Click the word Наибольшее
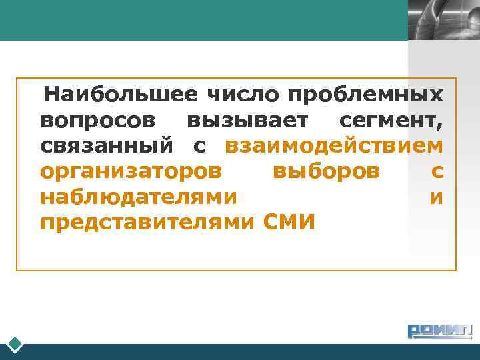tap(121, 95)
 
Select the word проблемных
tap(366, 95)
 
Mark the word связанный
tap(107, 146)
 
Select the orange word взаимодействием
tap(334, 146)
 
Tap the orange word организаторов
tap(131, 171)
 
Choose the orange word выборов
tap(327, 171)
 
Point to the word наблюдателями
tap(138, 197)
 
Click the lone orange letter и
tap(437, 197)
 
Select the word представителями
tap(147, 222)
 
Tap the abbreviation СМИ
tap(289, 222)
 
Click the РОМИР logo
tap(439, 331)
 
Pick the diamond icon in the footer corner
tap(15, 345)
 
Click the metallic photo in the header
tap(443, 20)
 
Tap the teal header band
tap(200, 20)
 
